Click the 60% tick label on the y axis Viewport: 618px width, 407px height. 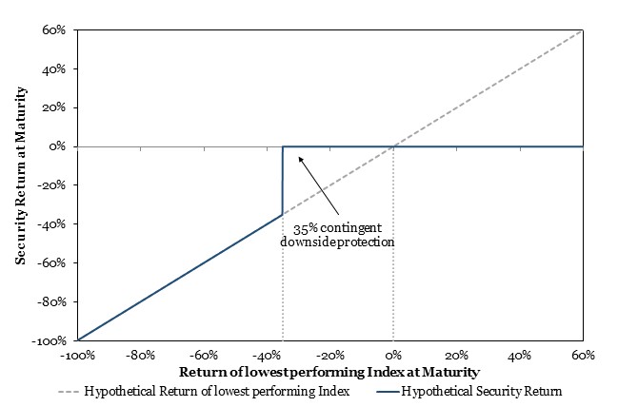(54, 29)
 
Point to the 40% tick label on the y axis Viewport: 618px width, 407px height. (54, 68)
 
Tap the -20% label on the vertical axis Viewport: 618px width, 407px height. (51, 185)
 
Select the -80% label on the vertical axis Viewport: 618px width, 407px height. (51, 301)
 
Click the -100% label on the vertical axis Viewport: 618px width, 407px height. (50, 340)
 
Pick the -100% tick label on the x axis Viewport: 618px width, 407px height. (78, 356)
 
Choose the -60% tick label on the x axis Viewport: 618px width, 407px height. (204, 356)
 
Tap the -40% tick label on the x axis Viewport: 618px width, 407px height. (267, 356)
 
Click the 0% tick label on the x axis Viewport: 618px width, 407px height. (393, 356)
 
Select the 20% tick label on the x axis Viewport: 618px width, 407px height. (456, 356)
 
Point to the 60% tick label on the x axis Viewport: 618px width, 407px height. (583, 356)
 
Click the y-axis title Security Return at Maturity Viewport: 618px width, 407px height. (21, 176)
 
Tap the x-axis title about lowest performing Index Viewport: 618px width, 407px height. (329, 373)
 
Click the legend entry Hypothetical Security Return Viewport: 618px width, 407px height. (469, 392)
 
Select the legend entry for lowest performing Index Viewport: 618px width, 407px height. (204, 392)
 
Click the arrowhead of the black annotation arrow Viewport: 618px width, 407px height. (300, 159)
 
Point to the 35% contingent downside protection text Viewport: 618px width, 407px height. (337, 235)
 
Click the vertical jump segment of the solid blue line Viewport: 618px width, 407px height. (282, 181)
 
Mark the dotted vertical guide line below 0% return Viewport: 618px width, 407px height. (393, 243)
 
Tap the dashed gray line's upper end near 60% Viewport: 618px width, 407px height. (583, 29)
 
